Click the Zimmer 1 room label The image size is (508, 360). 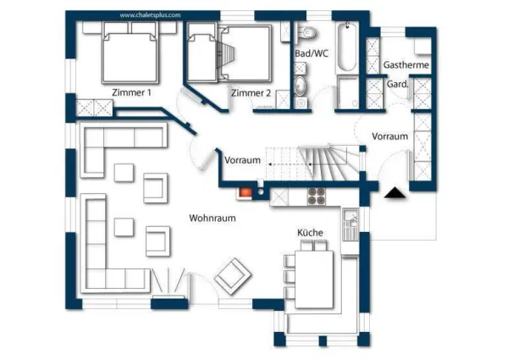pos(131,92)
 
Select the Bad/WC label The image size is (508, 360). pos(311,53)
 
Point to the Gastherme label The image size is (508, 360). pos(406,65)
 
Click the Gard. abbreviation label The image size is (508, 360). pos(397,85)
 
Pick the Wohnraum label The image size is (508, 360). pos(212,218)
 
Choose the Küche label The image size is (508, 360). pos(310,232)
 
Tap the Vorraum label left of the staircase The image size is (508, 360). pos(241,160)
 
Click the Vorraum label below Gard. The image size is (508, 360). pos(390,136)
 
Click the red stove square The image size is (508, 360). pos(246,191)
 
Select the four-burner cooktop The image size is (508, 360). pos(317,197)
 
